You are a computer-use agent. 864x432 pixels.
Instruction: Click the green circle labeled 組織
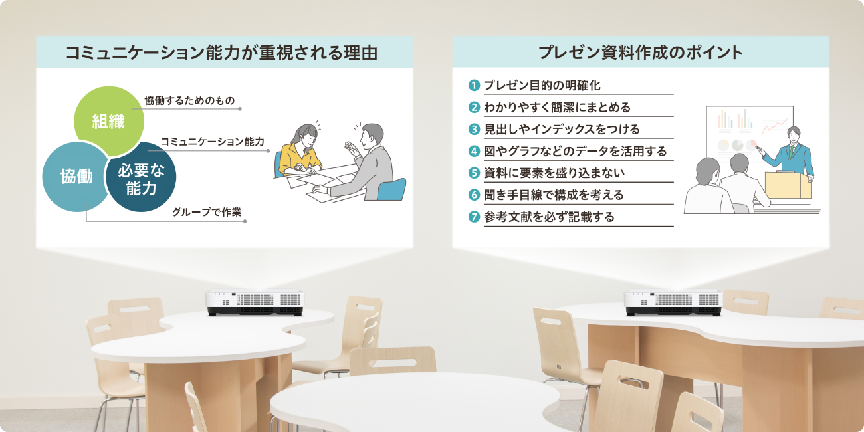coord(108,120)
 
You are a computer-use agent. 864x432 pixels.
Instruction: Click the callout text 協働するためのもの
coord(189,100)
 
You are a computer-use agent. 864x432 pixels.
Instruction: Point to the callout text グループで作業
coord(207,213)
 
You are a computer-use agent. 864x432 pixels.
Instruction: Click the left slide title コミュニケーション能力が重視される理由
coord(222,53)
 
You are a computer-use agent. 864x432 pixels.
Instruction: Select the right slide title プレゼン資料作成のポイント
coord(640,53)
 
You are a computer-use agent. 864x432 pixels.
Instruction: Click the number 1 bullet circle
coord(474,85)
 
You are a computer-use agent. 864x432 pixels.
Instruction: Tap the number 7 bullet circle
coord(474,217)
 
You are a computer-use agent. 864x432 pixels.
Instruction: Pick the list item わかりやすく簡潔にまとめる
coord(556,107)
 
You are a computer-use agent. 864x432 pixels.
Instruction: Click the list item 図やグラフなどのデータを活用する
coord(575,151)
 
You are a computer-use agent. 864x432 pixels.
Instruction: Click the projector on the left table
coord(254,302)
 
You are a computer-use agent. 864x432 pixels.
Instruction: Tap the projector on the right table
coord(673,302)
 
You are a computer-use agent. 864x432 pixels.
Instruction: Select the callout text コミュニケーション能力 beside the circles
coord(212,142)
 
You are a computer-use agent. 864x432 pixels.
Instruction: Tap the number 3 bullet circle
coord(474,129)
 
